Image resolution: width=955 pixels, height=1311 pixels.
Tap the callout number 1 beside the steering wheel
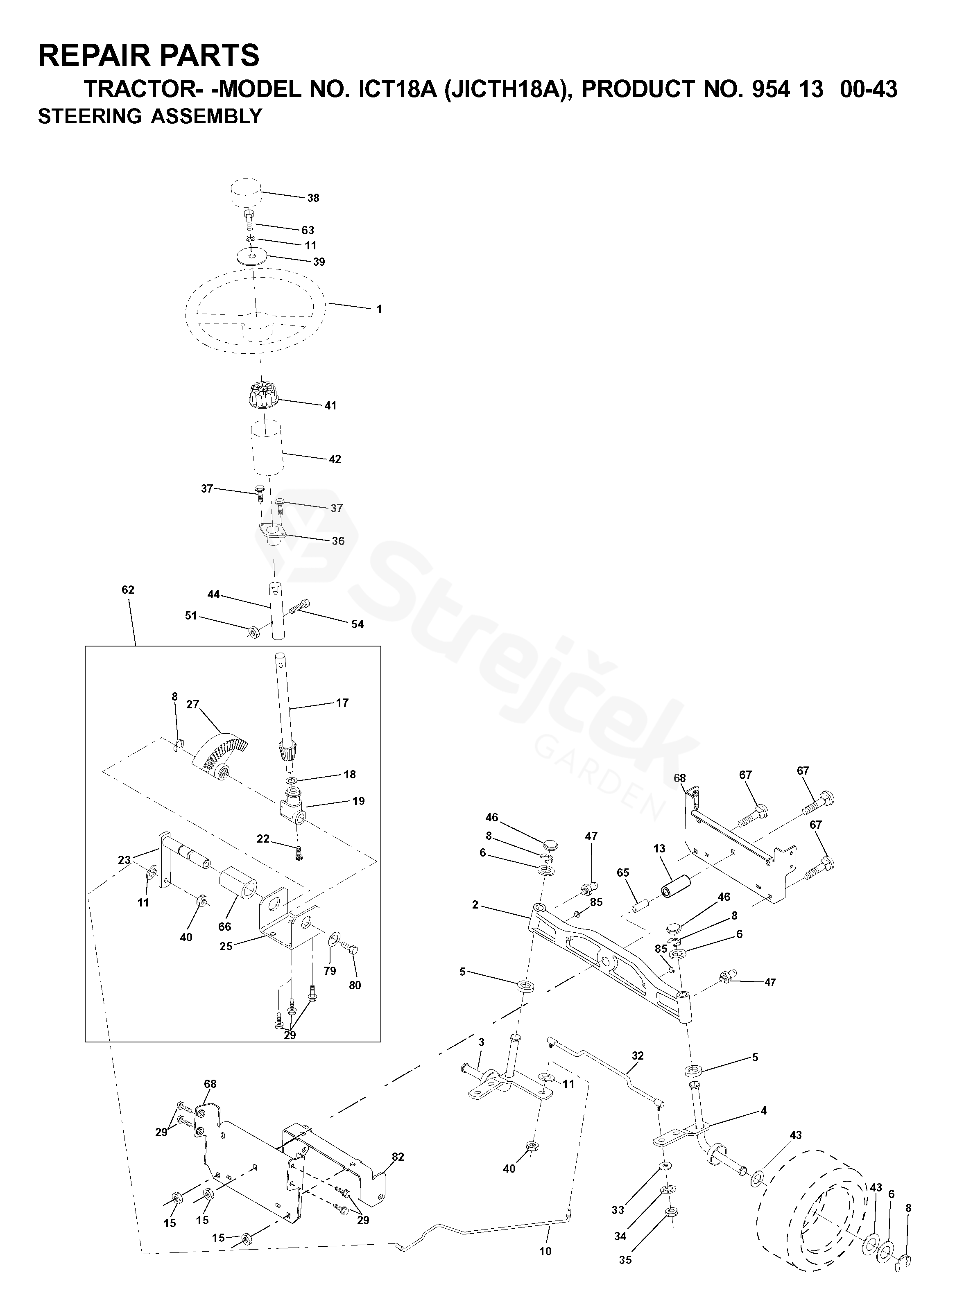coord(379,309)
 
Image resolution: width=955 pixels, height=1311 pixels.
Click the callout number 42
coord(335,459)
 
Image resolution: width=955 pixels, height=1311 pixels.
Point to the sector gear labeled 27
coord(220,754)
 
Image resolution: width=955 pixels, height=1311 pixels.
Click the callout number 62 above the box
coord(128,590)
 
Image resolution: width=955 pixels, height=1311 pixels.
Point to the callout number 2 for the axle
coord(475,904)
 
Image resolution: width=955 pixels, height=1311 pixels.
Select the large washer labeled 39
coord(253,256)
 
